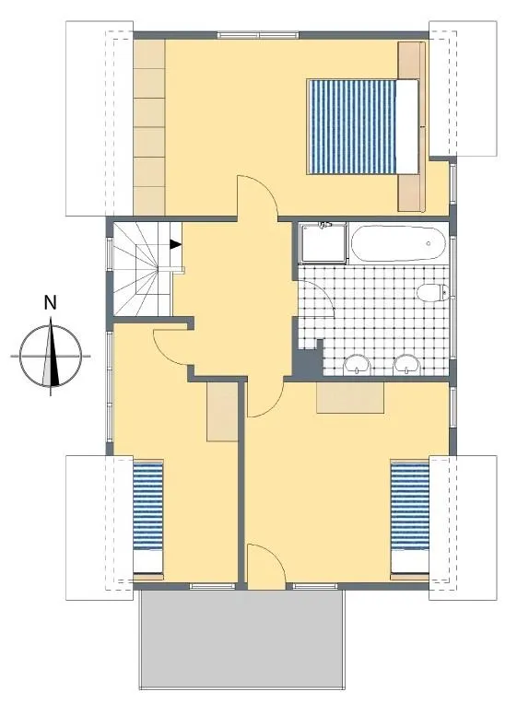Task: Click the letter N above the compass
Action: (50, 302)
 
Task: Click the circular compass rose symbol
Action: (51, 356)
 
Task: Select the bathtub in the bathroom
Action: (397, 242)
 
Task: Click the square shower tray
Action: (323, 242)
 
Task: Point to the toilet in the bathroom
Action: (433, 292)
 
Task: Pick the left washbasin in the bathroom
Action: (357, 364)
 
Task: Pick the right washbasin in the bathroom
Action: (406, 364)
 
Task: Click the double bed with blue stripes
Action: (362, 127)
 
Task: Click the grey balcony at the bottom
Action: (241, 638)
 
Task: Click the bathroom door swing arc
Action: (324, 292)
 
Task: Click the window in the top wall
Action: (258, 35)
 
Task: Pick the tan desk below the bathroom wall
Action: (350, 398)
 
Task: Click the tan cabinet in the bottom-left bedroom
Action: (222, 412)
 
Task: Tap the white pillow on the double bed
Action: (407, 127)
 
